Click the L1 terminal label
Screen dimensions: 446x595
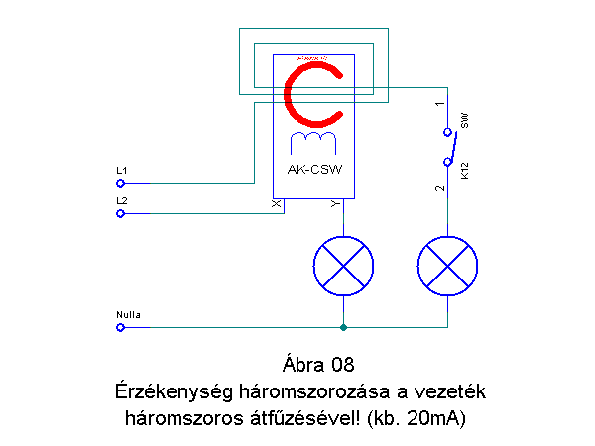[121, 172]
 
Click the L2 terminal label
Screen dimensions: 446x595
[121, 201]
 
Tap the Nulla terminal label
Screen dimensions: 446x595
[129, 315]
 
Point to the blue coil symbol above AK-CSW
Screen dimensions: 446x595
[313, 140]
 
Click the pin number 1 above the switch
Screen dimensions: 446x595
[438, 103]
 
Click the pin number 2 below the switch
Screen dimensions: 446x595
[438, 187]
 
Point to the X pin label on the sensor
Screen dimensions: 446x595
[277, 204]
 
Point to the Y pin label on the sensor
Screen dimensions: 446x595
[333, 204]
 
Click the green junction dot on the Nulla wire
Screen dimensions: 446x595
[343, 327]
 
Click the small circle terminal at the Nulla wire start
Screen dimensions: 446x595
[120, 327]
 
